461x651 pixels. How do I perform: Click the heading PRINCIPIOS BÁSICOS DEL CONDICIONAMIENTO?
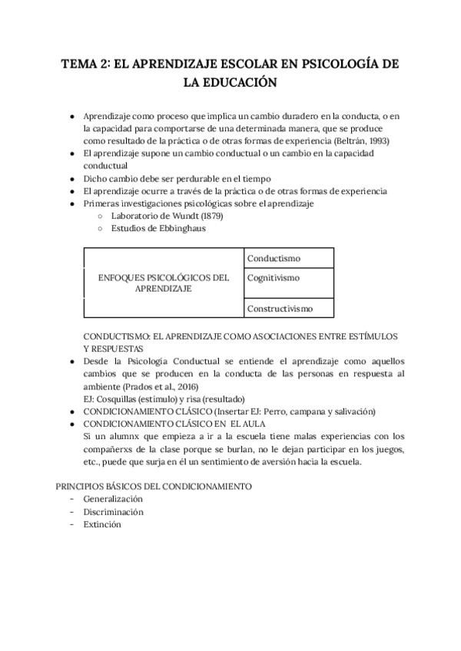coord(156,487)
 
